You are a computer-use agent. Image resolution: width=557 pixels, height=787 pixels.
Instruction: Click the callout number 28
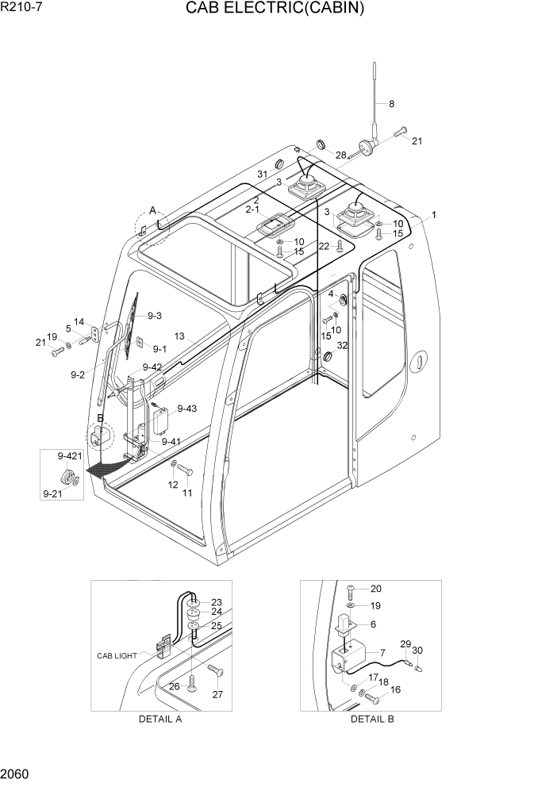pyautogui.click(x=340, y=155)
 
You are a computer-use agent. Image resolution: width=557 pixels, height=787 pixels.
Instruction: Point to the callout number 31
pyautogui.click(x=262, y=174)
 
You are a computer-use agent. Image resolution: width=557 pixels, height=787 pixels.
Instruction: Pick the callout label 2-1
pyautogui.click(x=253, y=209)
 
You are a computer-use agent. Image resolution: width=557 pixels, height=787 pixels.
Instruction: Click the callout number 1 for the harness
pyautogui.click(x=433, y=214)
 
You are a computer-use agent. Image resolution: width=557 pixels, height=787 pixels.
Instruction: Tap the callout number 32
pyautogui.click(x=342, y=345)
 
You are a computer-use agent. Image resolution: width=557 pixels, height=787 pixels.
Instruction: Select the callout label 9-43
pyautogui.click(x=187, y=409)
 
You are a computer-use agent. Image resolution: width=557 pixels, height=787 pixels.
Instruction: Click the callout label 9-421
pyautogui.click(x=70, y=456)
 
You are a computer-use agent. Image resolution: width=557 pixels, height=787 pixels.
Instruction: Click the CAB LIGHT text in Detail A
pyautogui.click(x=117, y=655)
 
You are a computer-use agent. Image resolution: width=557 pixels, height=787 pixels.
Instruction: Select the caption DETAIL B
pyautogui.click(x=372, y=719)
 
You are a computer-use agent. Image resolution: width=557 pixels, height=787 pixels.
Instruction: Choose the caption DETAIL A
pyautogui.click(x=160, y=719)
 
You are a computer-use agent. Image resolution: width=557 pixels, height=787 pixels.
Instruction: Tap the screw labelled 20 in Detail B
pyautogui.click(x=351, y=589)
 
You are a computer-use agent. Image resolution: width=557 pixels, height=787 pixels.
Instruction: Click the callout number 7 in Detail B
pyautogui.click(x=382, y=652)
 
